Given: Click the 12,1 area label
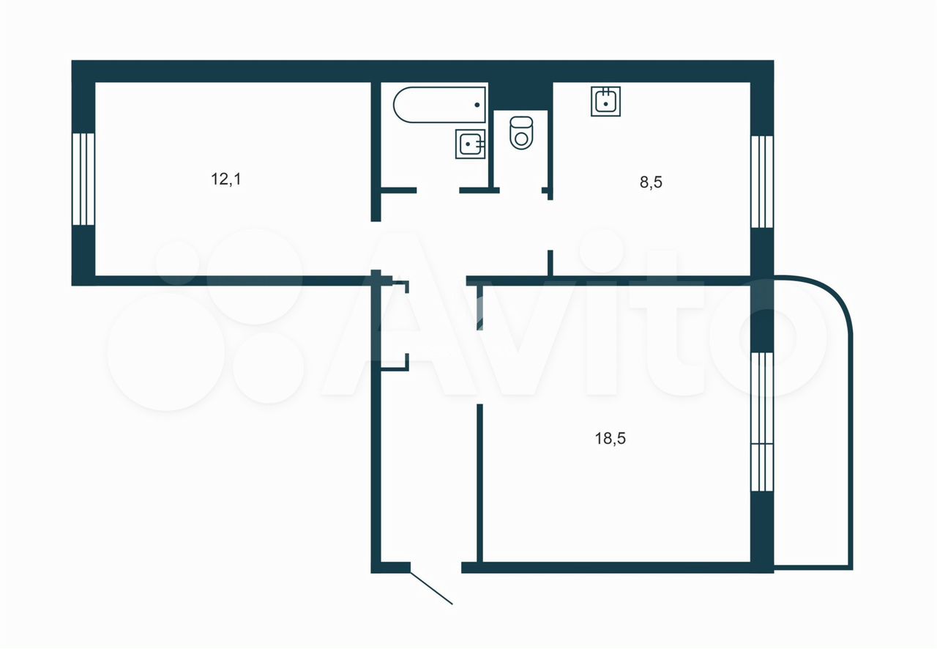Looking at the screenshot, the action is coord(226,179).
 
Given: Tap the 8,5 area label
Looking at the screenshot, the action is coord(651,182).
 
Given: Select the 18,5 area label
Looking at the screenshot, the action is coord(611,438).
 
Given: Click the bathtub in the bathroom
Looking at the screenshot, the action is coord(439,105).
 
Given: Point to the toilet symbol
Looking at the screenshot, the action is coord(521,133).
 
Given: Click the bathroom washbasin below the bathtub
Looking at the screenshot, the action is coord(470,144).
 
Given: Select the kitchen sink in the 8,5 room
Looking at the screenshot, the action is coord(605,101).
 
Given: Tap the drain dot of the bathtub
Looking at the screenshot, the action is coord(477,105).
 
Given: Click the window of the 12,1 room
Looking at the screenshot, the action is coord(83,179).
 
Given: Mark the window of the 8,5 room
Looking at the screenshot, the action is coord(762,182).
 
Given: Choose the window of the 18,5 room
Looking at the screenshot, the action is coord(762,422).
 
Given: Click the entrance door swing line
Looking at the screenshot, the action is coord(431,587).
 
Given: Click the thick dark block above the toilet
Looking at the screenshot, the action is coord(520,96).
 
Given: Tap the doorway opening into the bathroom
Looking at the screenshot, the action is coord(438,190).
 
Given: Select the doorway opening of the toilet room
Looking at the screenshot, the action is coord(520,190).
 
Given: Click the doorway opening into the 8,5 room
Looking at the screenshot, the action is coord(550,226).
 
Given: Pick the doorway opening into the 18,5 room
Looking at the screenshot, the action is coord(479,367).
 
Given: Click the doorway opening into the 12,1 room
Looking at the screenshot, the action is coord(376,246).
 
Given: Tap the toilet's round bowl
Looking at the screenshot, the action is coord(521,139).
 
